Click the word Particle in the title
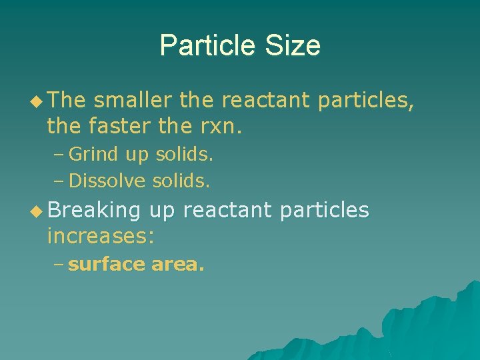[205, 46]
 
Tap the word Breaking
[94, 211]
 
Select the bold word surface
[106, 265]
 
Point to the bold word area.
[178, 265]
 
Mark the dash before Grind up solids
[59, 155]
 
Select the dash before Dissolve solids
[59, 181]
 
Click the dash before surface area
[59, 265]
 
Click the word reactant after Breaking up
[227, 211]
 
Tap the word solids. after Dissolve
[181, 181]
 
